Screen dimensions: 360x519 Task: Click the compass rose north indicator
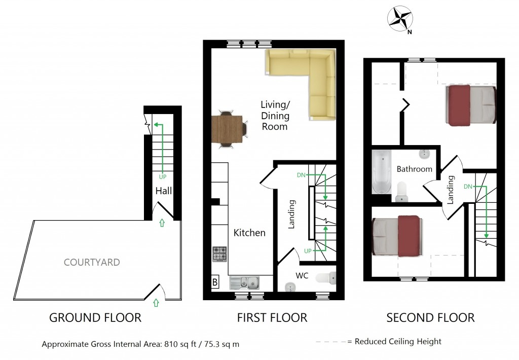[400, 20]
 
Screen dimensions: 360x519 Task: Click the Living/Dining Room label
[275, 116]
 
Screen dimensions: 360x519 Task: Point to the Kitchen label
[249, 233]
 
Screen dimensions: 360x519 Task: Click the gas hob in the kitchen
[219, 254]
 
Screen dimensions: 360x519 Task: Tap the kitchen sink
[244, 282]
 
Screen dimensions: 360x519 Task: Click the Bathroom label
[414, 169]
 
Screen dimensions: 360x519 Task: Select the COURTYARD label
[92, 262]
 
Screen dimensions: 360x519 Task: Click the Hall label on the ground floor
[163, 191]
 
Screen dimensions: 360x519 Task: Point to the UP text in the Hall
[162, 177]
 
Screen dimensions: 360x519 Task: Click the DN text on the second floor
[468, 187]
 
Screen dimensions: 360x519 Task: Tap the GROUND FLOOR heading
[95, 318]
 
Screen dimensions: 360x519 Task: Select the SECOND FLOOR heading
[430, 318]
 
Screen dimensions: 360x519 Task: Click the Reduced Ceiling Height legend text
[398, 342]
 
